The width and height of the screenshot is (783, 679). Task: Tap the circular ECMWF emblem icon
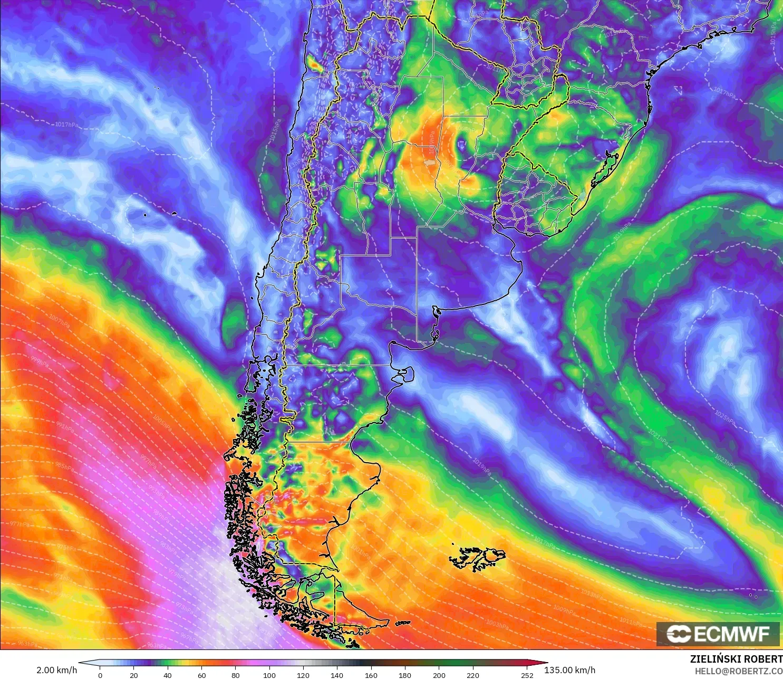tap(679, 634)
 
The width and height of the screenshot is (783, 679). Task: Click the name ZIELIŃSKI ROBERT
tap(736, 659)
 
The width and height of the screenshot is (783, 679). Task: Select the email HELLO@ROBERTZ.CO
tap(738, 671)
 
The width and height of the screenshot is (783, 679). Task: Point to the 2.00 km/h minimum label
tap(56, 670)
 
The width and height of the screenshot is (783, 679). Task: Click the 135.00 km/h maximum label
tap(569, 670)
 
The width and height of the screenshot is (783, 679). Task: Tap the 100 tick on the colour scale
tap(269, 675)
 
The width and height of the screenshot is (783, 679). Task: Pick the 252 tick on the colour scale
tap(527, 675)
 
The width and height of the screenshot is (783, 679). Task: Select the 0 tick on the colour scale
tap(100, 675)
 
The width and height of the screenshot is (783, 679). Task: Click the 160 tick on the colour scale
tap(371, 675)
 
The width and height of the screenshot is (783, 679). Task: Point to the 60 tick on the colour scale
tap(201, 675)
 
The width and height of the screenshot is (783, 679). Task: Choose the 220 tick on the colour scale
tap(472, 675)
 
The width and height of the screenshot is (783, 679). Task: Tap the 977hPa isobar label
tap(20, 524)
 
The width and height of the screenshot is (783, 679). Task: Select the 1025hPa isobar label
tap(724, 417)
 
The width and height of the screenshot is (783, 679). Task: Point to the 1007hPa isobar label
tap(59, 320)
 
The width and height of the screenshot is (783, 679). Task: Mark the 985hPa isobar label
tap(64, 467)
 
